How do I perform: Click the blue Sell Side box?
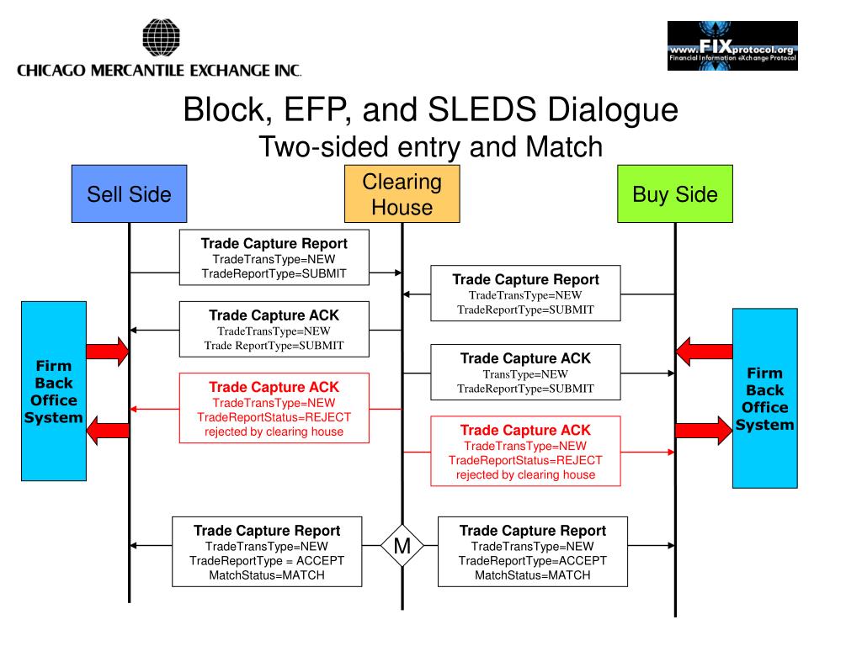tap(129, 194)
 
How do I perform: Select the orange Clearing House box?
tap(402, 194)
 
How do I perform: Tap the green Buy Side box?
tap(675, 194)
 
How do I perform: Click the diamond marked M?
tap(402, 545)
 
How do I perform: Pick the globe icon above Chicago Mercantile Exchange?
tap(161, 37)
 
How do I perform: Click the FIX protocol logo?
tap(732, 45)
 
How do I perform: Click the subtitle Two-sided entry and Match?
tap(430, 146)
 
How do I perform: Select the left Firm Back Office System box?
tap(54, 391)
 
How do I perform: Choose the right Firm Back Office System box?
tap(764, 398)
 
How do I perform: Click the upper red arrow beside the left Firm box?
tap(108, 352)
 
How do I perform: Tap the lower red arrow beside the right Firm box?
tap(704, 430)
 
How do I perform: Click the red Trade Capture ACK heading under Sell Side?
tap(274, 387)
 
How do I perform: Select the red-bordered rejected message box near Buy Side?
tap(525, 451)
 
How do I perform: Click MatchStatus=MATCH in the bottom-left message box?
tap(267, 575)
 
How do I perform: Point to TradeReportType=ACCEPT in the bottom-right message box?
tap(533, 561)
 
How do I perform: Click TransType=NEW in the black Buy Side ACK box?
tap(525, 374)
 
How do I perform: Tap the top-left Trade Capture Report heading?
tap(274, 243)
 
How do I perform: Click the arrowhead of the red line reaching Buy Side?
tap(671, 452)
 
